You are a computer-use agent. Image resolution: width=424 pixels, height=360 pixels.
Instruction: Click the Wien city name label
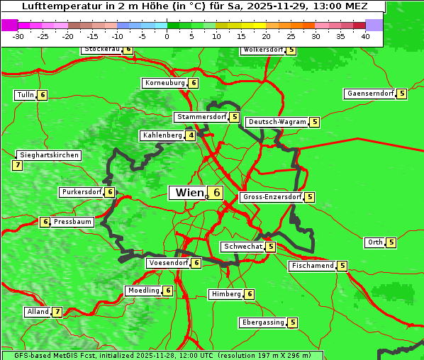tap(189, 193)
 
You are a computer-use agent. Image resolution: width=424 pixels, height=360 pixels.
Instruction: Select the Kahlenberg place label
tap(162, 135)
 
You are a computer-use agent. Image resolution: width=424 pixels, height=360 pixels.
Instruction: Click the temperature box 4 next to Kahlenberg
tap(191, 135)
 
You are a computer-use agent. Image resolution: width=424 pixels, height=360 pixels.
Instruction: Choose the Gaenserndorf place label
tap(369, 94)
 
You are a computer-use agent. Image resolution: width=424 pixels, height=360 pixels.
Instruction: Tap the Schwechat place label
tap(242, 247)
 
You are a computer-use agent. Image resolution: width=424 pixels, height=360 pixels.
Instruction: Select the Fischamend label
tap(312, 266)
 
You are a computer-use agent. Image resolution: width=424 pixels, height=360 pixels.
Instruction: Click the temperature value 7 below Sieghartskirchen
tap(18, 165)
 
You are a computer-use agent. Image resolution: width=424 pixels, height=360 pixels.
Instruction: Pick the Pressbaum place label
tap(73, 222)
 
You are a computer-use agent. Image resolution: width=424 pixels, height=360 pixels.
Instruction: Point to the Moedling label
tap(143, 291)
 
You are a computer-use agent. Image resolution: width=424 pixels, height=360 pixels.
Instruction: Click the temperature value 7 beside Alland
tap(57, 312)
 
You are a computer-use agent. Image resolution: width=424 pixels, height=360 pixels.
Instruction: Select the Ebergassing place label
tap(262, 322)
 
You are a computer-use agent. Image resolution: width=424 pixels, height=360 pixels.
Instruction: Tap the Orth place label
tap(374, 242)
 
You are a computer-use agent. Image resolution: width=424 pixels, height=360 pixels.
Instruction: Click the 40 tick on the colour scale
tap(365, 35)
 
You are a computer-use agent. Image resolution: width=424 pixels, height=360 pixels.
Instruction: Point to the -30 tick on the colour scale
tap(18, 35)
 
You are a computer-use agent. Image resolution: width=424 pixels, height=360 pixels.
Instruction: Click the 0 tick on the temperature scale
tap(167, 35)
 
